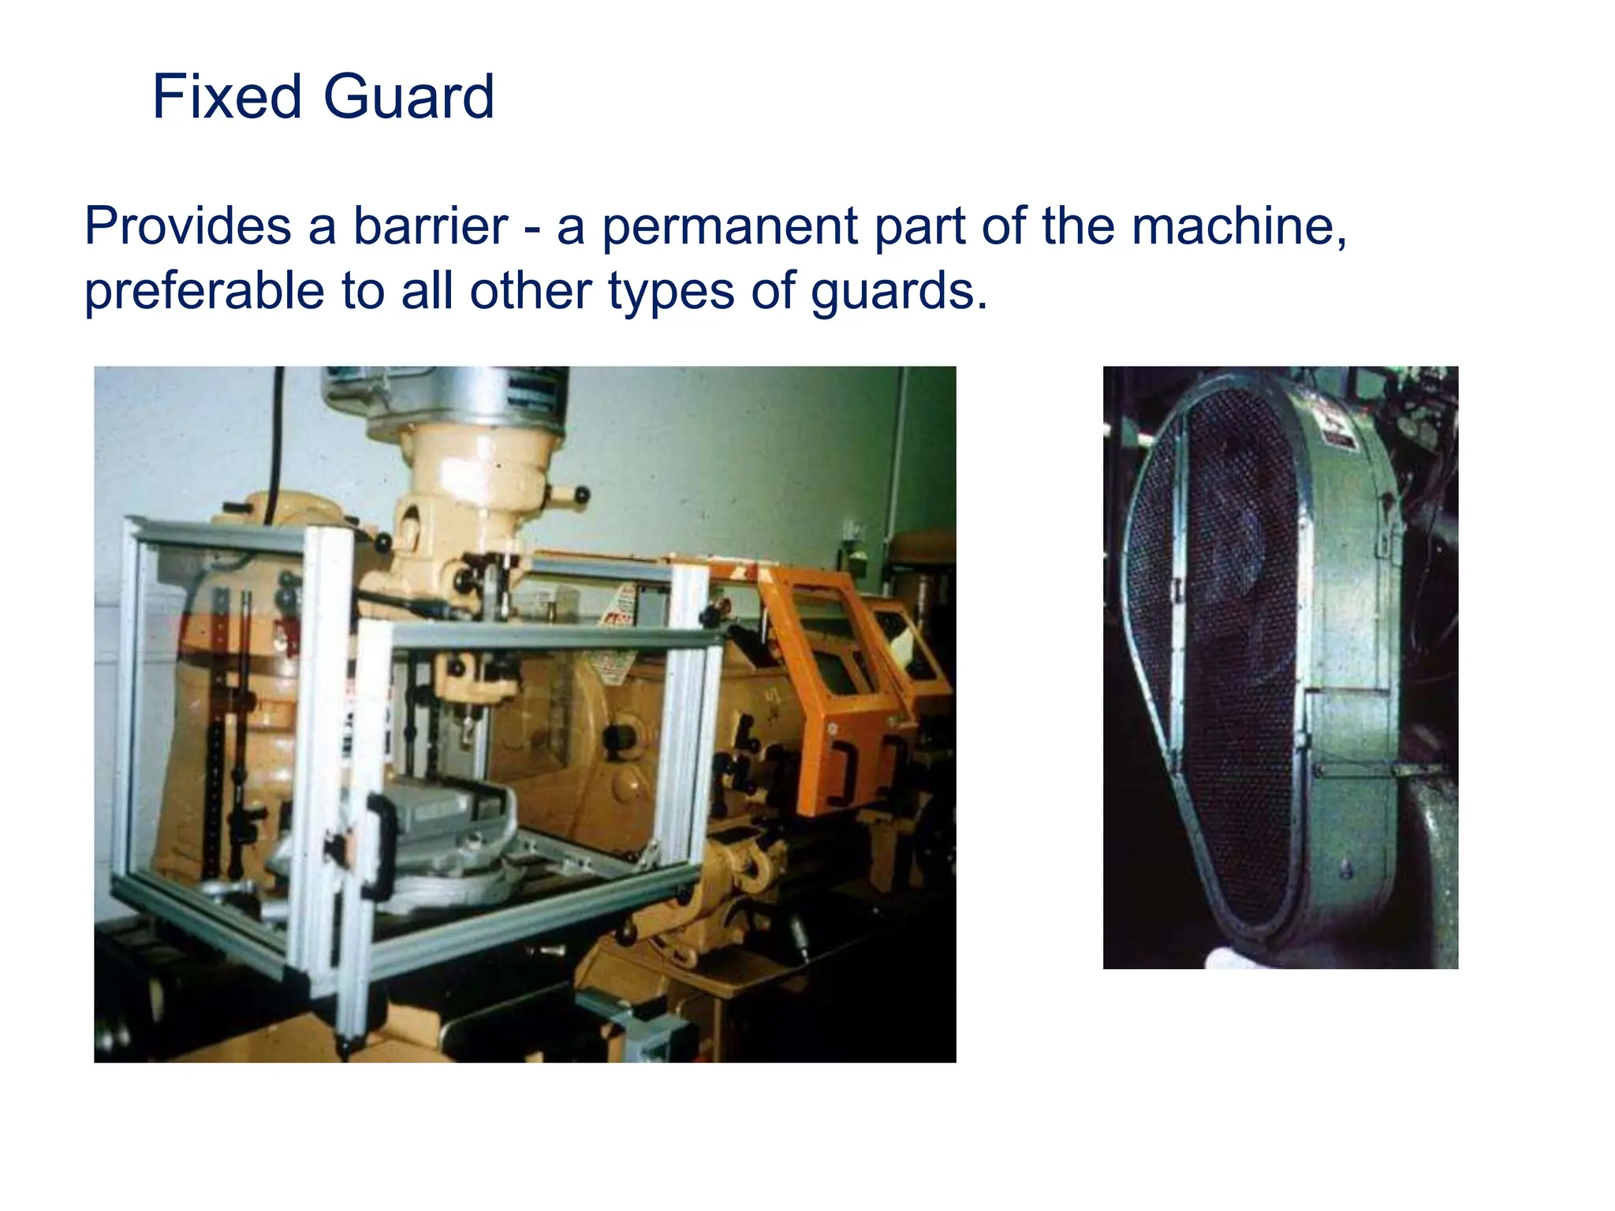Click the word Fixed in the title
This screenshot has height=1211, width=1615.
coord(227,97)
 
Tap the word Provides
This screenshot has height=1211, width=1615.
coord(188,226)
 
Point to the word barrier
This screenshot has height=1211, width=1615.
coord(430,226)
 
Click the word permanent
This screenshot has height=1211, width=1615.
coord(729,226)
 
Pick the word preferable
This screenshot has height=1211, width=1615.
coord(203,292)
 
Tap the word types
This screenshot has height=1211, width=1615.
coord(670,292)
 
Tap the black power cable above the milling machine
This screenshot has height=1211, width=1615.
coord(275,442)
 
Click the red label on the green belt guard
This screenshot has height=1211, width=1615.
coord(1337,426)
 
